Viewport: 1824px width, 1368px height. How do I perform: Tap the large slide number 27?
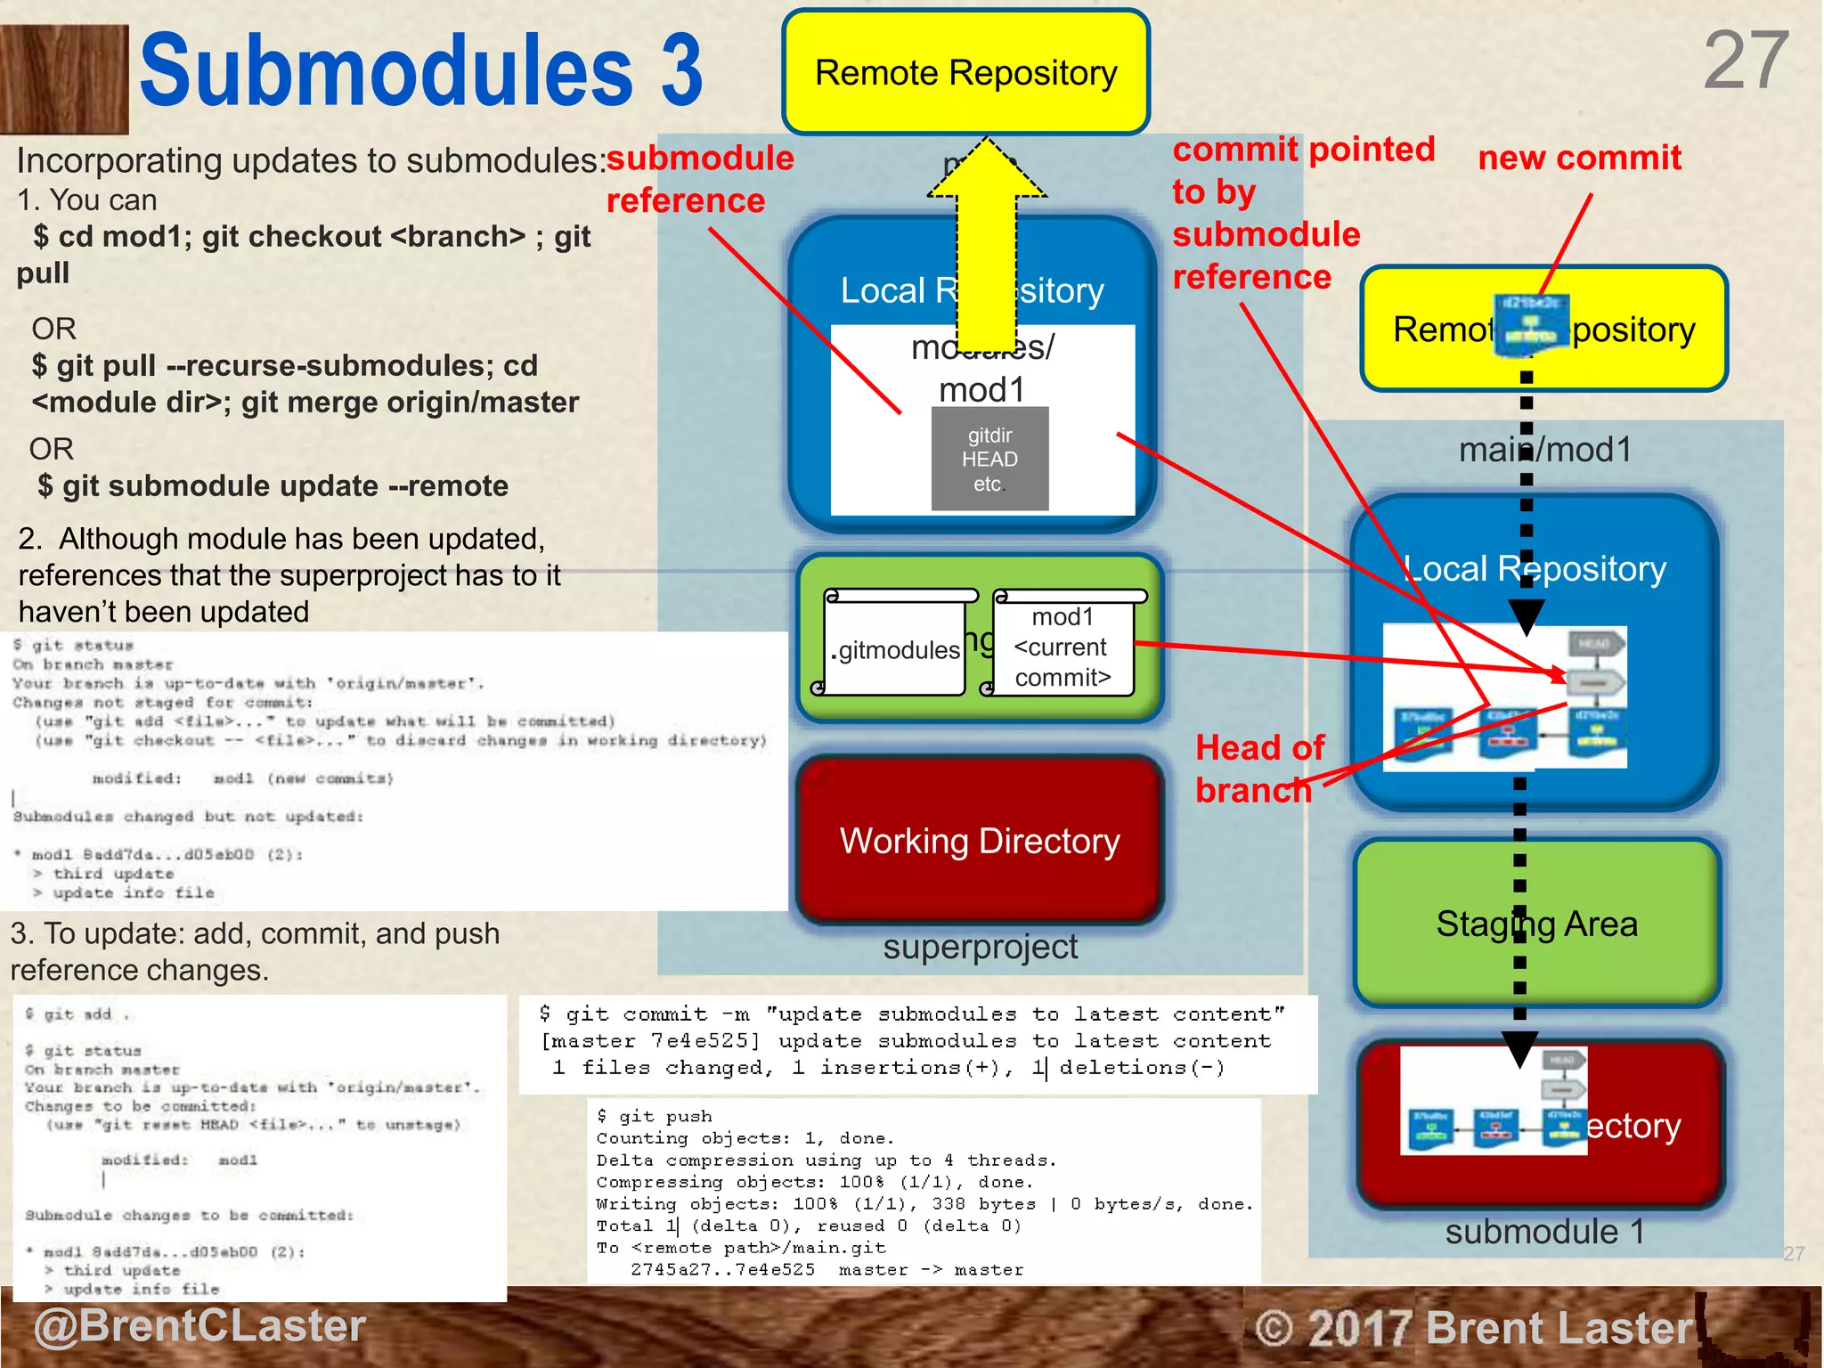(x=1745, y=61)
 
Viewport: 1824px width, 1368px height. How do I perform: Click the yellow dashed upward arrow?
(x=987, y=240)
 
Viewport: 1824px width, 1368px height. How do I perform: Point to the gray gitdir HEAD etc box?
(x=989, y=460)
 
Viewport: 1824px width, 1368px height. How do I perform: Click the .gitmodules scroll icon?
(x=896, y=643)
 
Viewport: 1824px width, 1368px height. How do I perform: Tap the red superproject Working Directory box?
(x=980, y=841)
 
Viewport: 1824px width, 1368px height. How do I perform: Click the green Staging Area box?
(x=1536, y=924)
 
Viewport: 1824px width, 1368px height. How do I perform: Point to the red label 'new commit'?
(x=1579, y=159)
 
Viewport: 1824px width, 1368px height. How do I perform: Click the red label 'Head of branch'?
(x=1258, y=769)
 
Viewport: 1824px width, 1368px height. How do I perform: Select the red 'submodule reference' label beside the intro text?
(x=699, y=179)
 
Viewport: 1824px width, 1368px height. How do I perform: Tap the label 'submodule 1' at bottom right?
(x=1543, y=1232)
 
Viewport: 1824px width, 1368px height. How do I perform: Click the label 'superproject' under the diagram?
(x=980, y=947)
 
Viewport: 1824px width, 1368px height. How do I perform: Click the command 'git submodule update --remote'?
(x=273, y=486)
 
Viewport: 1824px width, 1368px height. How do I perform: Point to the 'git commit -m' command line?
(x=911, y=1014)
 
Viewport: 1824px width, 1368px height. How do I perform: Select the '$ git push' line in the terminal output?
(x=655, y=1117)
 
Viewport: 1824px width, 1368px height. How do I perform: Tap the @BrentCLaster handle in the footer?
(x=200, y=1326)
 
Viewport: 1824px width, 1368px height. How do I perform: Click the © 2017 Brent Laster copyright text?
(x=1473, y=1328)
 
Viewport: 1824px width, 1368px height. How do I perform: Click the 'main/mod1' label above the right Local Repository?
(x=1545, y=450)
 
